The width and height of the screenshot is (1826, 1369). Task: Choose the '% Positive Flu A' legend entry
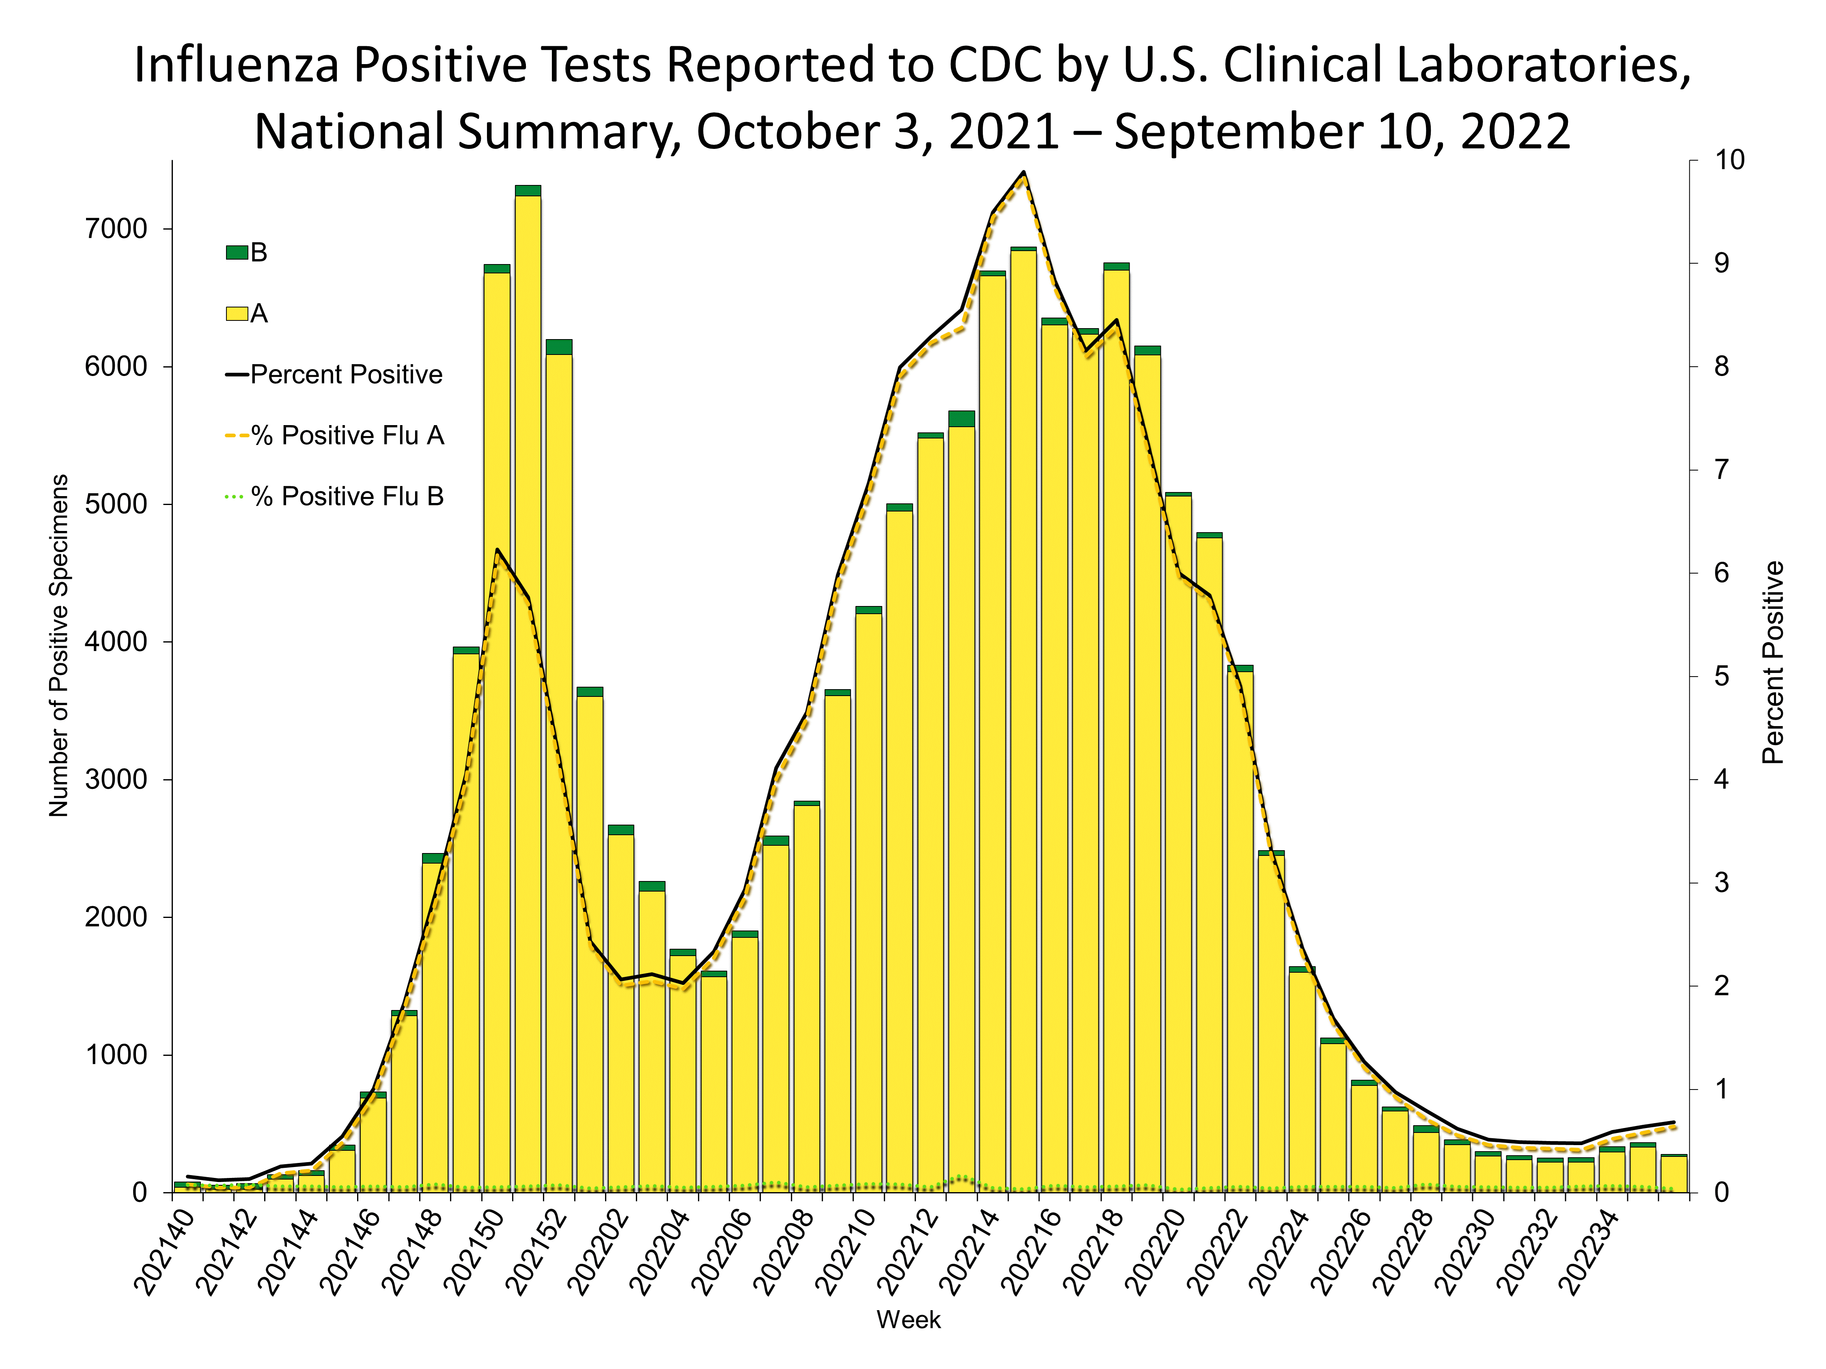point(347,436)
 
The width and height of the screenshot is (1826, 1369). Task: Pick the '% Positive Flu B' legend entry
point(347,497)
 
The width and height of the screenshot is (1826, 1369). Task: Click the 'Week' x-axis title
point(908,1320)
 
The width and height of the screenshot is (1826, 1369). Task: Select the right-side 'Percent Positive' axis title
point(1773,663)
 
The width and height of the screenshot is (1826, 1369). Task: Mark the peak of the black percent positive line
point(1024,172)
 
